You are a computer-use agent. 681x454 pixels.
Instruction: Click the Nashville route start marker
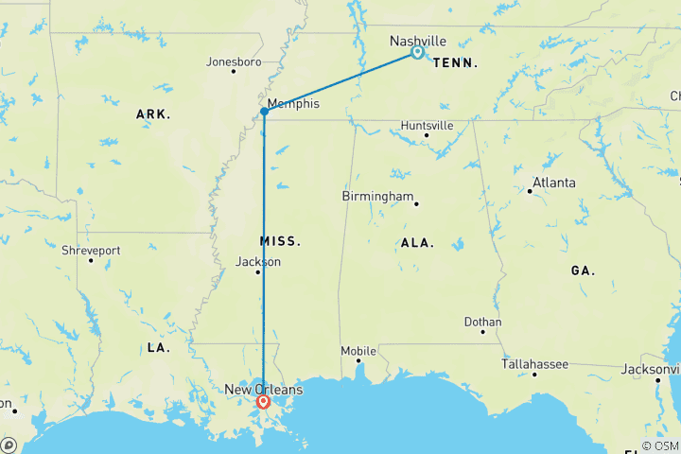(417, 53)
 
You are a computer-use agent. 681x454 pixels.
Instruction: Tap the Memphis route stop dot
(264, 112)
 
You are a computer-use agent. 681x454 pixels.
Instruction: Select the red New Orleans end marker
(264, 401)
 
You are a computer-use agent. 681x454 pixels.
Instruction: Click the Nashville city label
(417, 41)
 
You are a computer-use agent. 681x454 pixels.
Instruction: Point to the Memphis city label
(293, 103)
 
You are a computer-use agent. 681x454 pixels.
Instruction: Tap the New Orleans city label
(263, 389)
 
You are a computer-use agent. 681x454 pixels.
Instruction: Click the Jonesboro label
(233, 62)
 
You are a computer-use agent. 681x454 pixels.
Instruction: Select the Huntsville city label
(427, 125)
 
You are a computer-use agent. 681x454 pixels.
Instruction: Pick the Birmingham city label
(378, 197)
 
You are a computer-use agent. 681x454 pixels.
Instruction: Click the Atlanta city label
(554, 183)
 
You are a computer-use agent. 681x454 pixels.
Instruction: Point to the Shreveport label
(91, 251)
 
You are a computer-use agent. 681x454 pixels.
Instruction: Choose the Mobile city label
(358, 351)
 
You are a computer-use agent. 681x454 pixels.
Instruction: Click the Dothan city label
(482, 322)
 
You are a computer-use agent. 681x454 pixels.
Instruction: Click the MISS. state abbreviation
(280, 241)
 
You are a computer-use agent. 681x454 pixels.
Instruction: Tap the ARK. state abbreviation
(153, 114)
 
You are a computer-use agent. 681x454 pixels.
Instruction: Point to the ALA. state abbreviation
(417, 243)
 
